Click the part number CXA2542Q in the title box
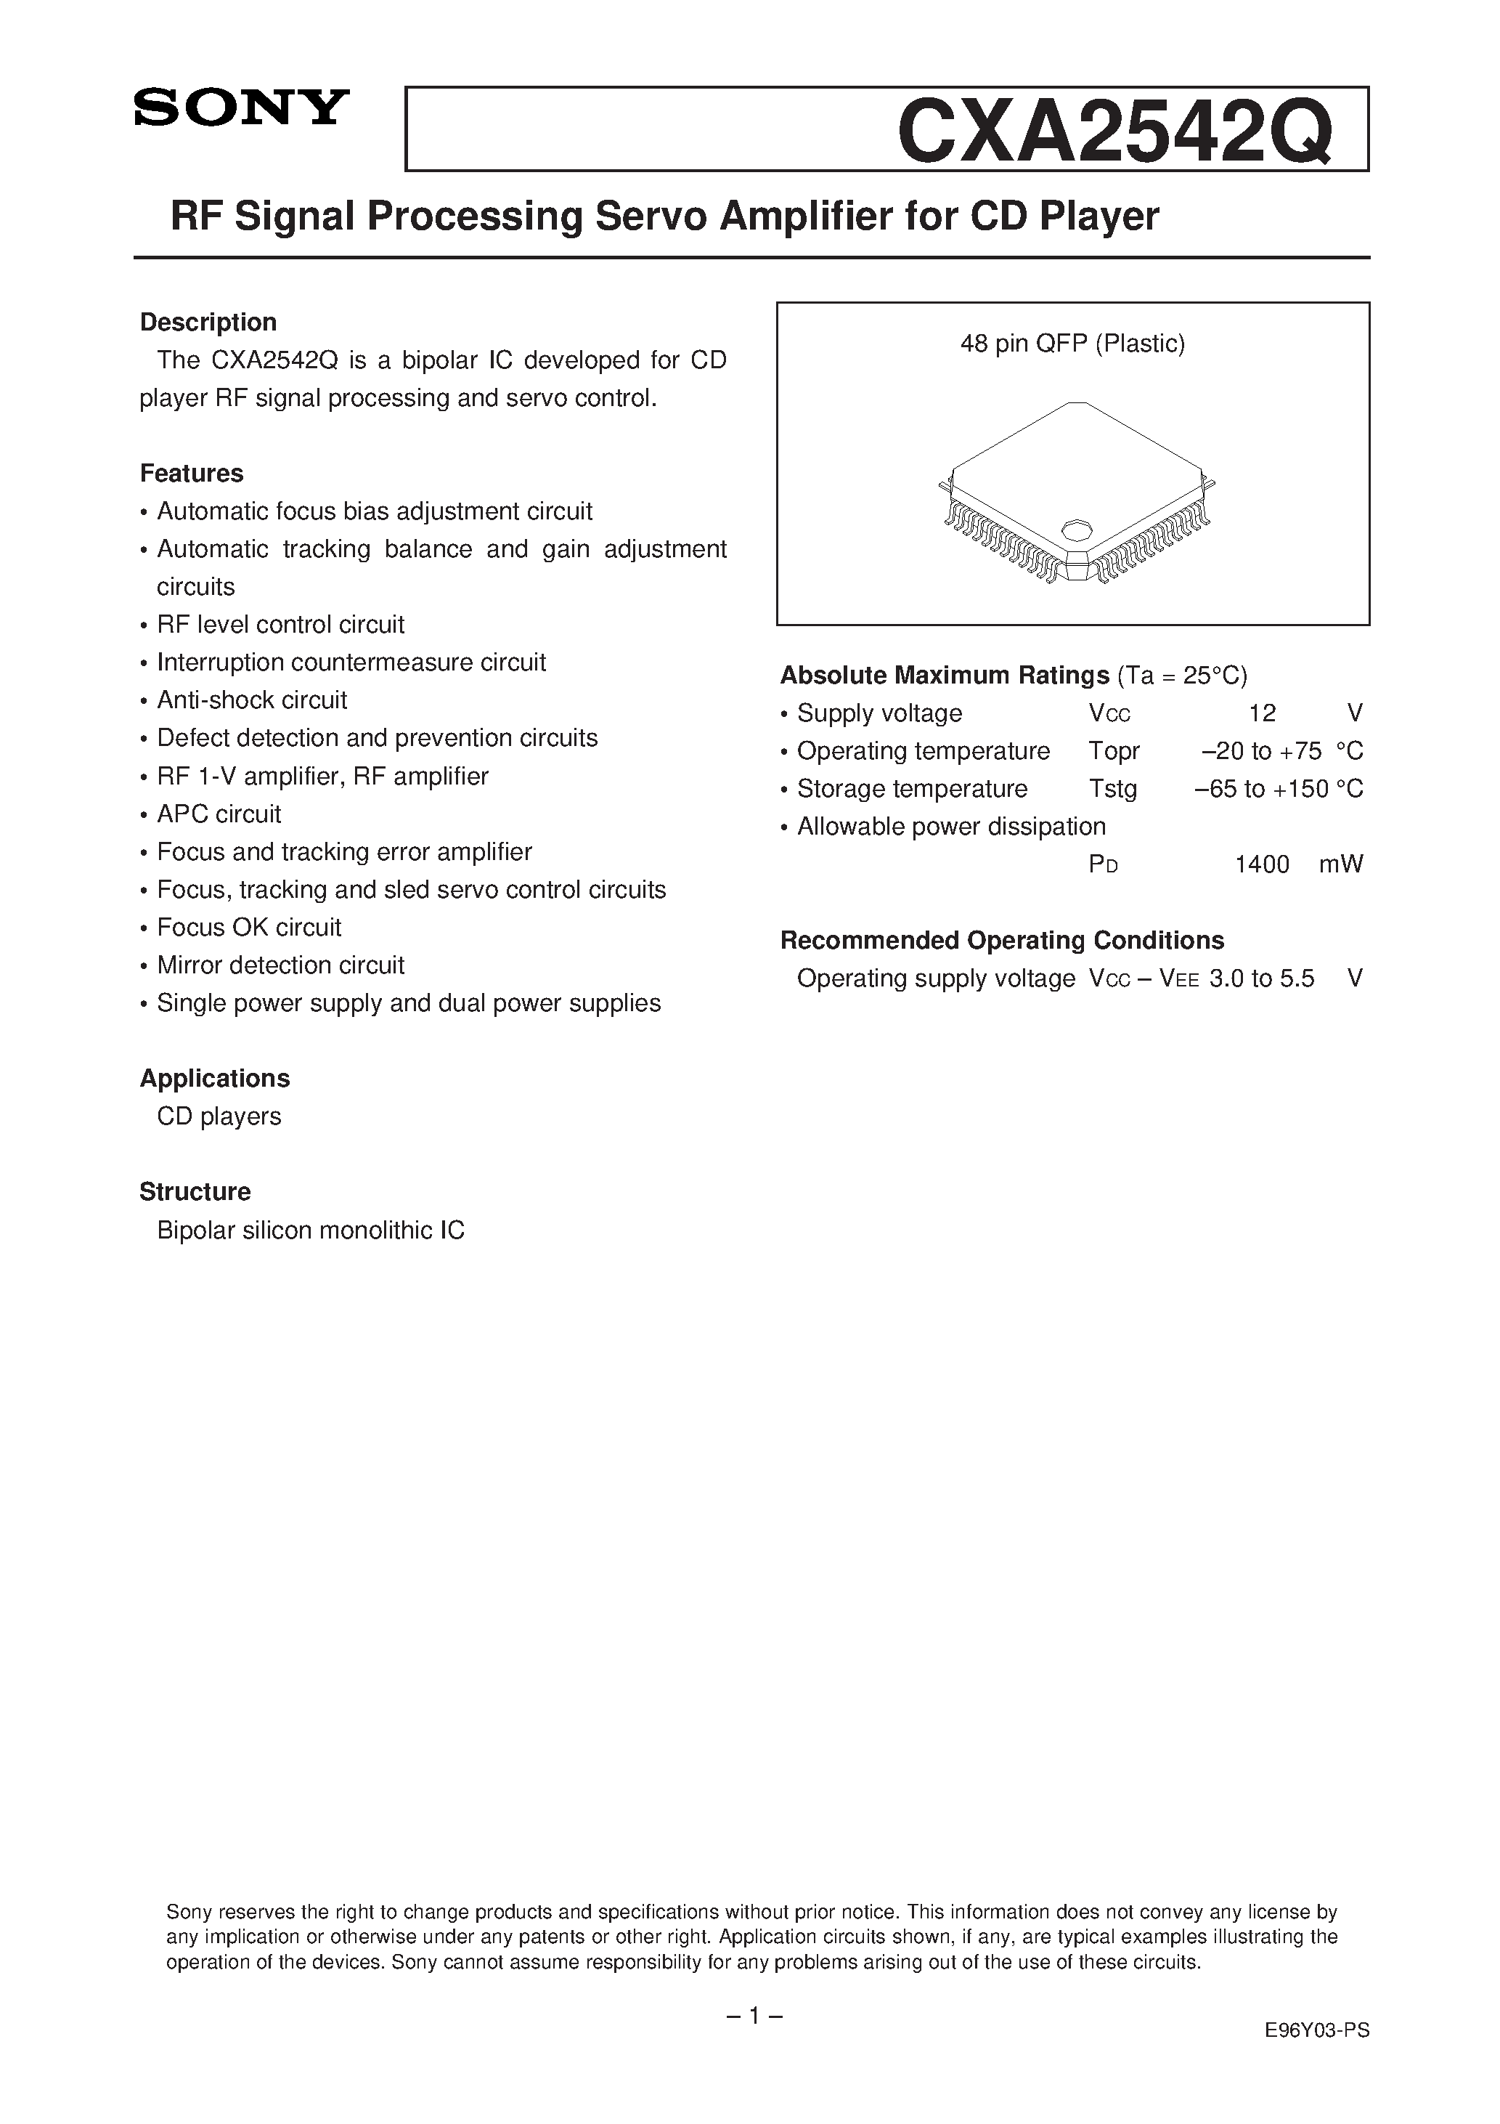point(1114,132)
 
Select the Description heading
point(208,322)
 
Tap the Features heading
point(192,473)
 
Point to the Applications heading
point(215,1078)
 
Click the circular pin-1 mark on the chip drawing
point(1075,530)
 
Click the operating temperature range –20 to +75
point(1260,751)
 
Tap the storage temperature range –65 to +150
point(1260,789)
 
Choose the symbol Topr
point(1114,751)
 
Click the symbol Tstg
point(1112,789)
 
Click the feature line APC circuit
point(219,814)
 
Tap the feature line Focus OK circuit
point(249,927)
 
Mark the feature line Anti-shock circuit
point(251,700)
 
